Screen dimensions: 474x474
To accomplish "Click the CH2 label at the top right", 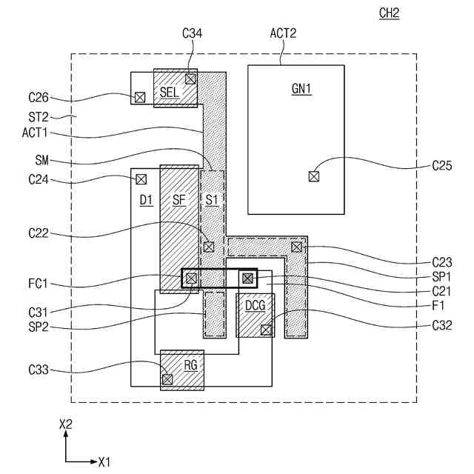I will (389, 13).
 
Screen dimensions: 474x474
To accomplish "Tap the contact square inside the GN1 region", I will (314, 176).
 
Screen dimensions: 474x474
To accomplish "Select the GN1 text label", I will (301, 90).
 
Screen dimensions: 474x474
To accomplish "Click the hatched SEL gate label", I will (170, 90).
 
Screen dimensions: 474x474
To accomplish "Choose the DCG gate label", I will (255, 306).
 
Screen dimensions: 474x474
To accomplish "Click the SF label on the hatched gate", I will (179, 199).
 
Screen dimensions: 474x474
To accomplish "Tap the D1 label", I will (146, 199).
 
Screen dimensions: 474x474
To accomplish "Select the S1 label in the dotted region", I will (212, 199).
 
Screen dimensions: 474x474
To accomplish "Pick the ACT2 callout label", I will (283, 33).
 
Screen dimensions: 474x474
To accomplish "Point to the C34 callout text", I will (192, 33).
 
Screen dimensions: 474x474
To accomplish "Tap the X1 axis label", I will (104, 462).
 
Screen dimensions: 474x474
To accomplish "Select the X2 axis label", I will (66, 424).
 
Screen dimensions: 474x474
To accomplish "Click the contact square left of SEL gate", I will (139, 97).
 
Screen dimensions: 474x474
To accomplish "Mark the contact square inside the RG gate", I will (167, 378).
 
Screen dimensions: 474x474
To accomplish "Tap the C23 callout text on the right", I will (443, 262).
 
